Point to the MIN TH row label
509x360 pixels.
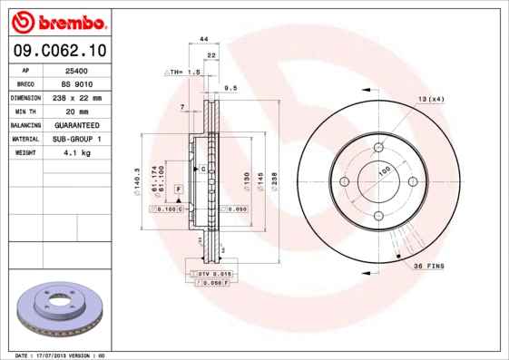coord(25,111)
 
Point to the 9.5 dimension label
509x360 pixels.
coord(230,88)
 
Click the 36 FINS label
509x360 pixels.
coord(427,266)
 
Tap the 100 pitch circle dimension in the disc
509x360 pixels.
coord(384,170)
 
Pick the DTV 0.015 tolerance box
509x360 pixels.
coord(210,273)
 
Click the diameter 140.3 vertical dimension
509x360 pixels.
coord(136,182)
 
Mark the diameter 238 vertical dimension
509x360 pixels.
coord(274,185)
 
